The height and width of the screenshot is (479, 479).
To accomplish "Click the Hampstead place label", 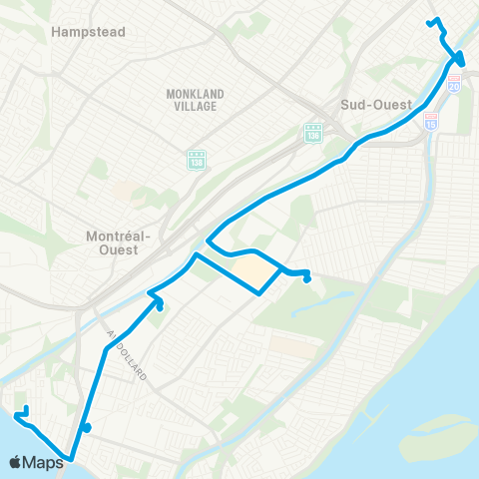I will pos(88,32).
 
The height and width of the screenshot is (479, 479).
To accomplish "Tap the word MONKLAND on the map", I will pos(196,94).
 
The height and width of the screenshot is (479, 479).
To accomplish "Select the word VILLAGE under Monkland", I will pos(196,105).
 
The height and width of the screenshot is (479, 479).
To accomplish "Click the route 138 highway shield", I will pos(195,159).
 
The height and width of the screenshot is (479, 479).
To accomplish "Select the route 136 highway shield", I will pos(312,131).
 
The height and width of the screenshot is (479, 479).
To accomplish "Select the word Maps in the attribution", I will pos(45,462).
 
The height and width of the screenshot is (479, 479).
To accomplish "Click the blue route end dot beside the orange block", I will pos(307,277).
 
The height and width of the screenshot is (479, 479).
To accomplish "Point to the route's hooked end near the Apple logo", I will pos(23,412).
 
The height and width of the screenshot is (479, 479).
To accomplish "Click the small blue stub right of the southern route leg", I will pos(89,429).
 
